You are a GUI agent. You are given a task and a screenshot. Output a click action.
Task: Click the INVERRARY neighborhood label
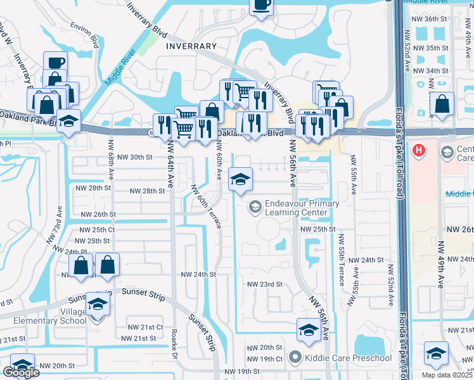[x=186, y=46]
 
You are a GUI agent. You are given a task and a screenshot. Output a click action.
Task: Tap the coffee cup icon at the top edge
[x=260, y=5]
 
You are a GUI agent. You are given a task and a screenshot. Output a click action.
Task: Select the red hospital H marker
[x=419, y=150]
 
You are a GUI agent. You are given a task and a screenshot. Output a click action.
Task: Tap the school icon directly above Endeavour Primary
[x=240, y=179]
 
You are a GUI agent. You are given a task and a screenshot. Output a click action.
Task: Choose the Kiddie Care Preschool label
[x=341, y=358]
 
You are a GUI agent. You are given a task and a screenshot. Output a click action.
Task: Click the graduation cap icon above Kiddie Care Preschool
[x=309, y=330]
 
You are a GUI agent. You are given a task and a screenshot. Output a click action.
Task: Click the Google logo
[x=21, y=372]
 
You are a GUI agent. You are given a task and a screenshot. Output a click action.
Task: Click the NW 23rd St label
[x=264, y=284]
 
